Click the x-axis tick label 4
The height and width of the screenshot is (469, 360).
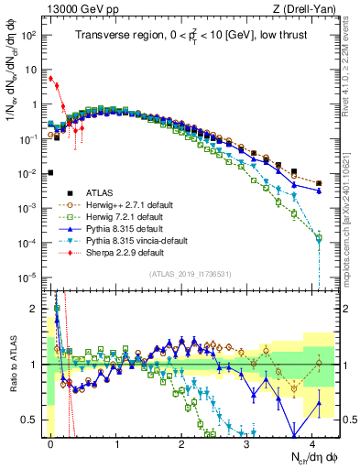point(312,442)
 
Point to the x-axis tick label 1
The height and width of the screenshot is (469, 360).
point(116,442)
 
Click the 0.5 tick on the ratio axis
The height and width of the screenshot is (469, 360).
point(33,420)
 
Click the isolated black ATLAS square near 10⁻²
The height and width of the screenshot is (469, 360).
point(51,172)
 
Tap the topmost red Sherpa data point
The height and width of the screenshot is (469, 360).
point(51,79)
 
